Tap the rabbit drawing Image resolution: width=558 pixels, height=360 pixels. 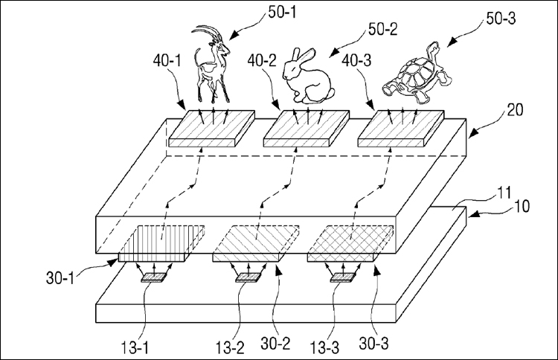pos(308,76)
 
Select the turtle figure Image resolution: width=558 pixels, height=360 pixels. pos(417,74)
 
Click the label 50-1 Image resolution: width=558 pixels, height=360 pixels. pos(282,13)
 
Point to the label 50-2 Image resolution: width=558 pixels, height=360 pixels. pos(382,29)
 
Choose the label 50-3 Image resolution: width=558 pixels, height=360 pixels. pos(501,18)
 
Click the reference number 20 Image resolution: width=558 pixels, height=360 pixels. pos(515,110)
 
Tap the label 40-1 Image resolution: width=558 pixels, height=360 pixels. pos(167,60)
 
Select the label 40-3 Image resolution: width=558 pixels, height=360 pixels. pos(356,60)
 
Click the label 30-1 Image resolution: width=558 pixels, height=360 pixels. pos(60,278)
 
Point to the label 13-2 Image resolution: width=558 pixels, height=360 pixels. pos(230,347)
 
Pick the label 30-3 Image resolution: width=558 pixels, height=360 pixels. pos(373,344)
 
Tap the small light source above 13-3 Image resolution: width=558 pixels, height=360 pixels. pos(343,278)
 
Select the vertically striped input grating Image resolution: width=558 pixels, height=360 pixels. pos(161,243)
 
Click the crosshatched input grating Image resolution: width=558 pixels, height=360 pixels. pos(350,243)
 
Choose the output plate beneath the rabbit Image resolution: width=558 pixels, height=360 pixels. pos(306,129)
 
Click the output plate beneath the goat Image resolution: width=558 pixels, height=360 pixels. pos(212,129)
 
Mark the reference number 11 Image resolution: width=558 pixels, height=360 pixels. pos(504,193)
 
